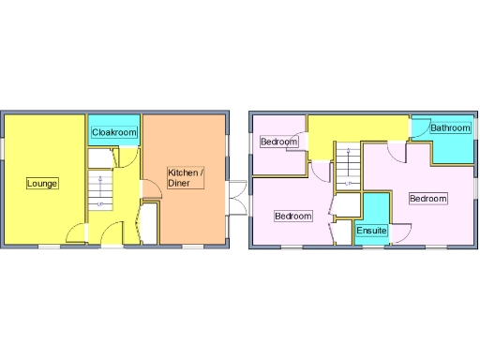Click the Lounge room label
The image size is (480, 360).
pos(42,183)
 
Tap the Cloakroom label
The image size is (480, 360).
pos(114,132)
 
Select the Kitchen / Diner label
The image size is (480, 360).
pos(185,177)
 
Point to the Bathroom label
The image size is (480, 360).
pos(449,127)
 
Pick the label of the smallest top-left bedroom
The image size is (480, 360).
pos(279,142)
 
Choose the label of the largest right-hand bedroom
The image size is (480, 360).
pos(427,199)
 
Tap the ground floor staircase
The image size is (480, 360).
pos(99,187)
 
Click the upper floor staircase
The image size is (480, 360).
pos(348,165)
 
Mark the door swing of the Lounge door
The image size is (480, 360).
pos(77,232)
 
